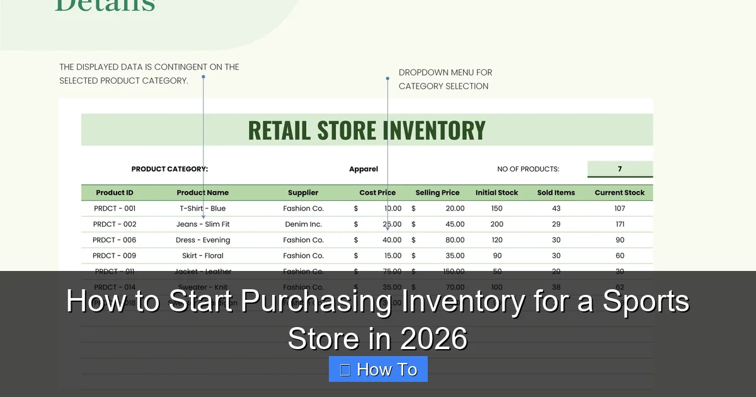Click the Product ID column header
(x=115, y=193)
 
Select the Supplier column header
(x=303, y=193)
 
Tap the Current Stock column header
(x=619, y=193)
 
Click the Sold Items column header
(x=556, y=193)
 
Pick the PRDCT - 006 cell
(x=114, y=240)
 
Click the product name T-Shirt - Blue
(x=202, y=209)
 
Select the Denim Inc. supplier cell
(x=303, y=224)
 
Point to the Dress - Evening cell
(x=203, y=240)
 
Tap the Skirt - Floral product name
(x=202, y=256)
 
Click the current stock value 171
(x=620, y=224)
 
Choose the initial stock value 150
(x=496, y=209)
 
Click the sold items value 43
(x=556, y=209)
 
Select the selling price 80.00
(x=454, y=240)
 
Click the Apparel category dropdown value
(x=364, y=169)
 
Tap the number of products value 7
(x=620, y=169)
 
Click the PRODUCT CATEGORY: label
(x=169, y=169)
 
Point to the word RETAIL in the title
(x=279, y=130)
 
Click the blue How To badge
(x=378, y=369)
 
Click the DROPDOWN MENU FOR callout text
(x=445, y=72)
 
